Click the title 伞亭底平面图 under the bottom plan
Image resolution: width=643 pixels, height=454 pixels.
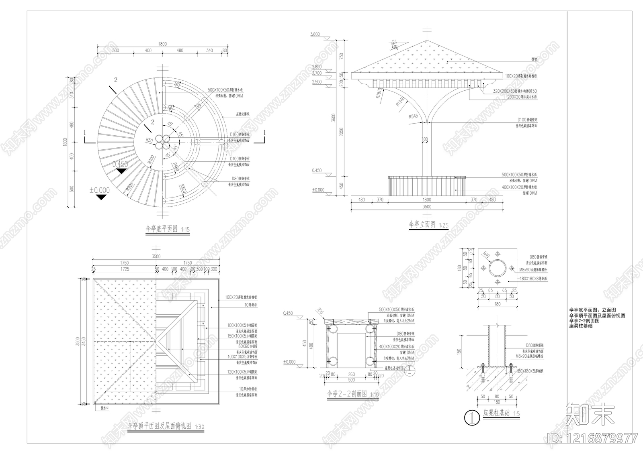click(161, 229)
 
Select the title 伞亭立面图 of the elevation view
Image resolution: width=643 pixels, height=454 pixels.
click(422, 224)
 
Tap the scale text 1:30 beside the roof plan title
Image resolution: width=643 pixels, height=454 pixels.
click(199, 427)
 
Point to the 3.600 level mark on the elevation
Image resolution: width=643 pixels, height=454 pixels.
click(315, 35)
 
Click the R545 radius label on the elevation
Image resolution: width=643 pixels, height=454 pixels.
click(414, 117)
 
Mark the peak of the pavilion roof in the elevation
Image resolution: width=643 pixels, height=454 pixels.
click(426, 40)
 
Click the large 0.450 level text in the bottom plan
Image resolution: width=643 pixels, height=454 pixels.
click(120, 164)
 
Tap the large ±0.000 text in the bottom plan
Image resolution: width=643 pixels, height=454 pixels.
click(99, 190)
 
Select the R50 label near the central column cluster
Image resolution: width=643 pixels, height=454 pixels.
click(149, 140)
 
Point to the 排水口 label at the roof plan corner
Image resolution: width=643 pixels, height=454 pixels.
click(104, 408)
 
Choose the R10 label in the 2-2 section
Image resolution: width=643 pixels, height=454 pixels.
click(320, 310)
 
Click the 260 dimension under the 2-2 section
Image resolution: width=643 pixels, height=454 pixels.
click(351, 375)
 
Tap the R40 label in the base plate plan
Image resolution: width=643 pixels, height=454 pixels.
click(486, 254)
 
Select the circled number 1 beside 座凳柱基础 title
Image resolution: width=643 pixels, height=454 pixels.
click(471, 418)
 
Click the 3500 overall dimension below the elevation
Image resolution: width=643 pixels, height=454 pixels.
click(426, 207)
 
